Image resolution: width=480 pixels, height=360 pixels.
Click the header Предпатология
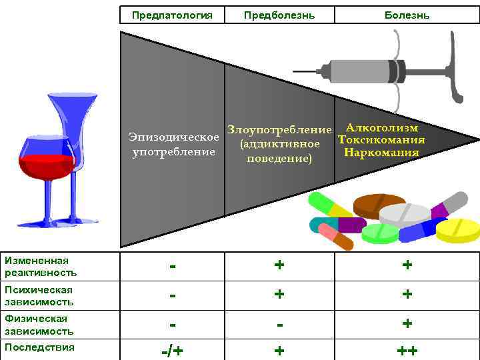[172, 15]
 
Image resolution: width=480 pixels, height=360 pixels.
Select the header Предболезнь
[279, 15]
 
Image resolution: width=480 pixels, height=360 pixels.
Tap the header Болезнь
[407, 15]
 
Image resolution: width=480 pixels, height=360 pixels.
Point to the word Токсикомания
[381, 140]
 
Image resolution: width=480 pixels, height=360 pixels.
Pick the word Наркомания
[381, 153]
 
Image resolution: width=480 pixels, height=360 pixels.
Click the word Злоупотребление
[279, 129]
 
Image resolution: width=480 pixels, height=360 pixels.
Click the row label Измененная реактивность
[41, 266]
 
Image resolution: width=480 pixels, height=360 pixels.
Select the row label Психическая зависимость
[39, 295]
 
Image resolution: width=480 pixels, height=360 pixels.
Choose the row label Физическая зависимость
[39, 325]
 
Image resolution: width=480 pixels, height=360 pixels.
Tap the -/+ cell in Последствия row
[173, 351]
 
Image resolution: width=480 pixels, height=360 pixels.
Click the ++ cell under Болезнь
[407, 351]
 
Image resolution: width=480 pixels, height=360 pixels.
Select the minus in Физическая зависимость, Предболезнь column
[279, 324]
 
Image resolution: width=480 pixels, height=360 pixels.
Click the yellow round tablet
[458, 229]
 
